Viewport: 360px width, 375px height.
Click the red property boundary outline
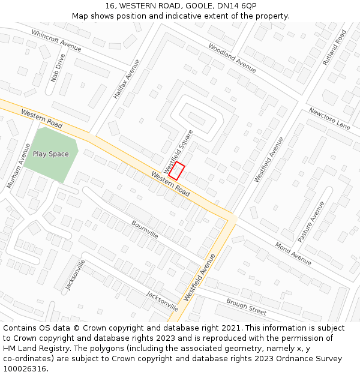pos(176,171)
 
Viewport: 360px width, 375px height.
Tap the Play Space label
pos(50,154)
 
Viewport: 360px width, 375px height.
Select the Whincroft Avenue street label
pos(56,40)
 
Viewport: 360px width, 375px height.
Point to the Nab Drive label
pos(58,68)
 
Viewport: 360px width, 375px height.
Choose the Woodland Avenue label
pos(232,58)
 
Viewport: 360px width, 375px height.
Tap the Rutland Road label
pos(335,47)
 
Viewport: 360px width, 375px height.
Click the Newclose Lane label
pos(329,119)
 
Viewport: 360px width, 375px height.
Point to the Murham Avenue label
pos(18,166)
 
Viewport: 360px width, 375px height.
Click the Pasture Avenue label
pos(311,221)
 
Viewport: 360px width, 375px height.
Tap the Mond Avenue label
pos(293,253)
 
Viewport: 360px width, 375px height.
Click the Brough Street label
pos(246,307)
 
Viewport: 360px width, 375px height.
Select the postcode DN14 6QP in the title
pos(239,5)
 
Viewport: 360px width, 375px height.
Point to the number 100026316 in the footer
pos(25,369)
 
